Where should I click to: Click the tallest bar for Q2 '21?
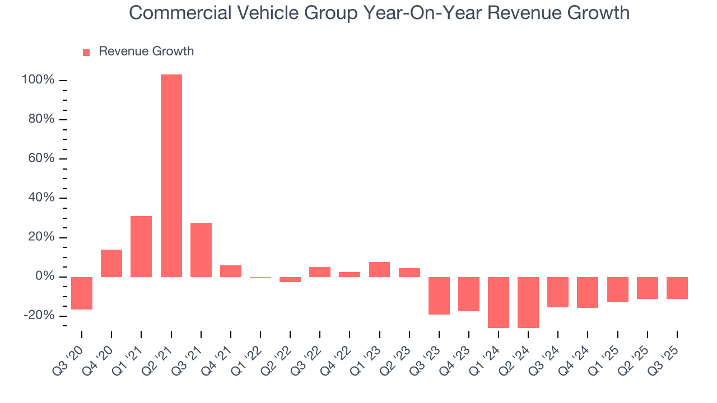[x=171, y=176]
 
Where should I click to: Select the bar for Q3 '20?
[x=82, y=293]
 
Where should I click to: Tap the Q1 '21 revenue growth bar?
[x=141, y=246]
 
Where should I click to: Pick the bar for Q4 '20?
[x=111, y=263]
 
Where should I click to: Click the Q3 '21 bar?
[x=201, y=250]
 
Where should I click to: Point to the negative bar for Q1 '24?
[x=499, y=302]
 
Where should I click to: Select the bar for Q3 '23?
[x=439, y=296]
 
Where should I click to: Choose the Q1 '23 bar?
[x=379, y=269]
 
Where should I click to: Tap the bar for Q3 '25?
[x=677, y=288]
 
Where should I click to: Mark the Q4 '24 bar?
[x=588, y=292]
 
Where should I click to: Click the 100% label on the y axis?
[x=38, y=80]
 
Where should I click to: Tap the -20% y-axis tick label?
[x=39, y=316]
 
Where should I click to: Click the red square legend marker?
[x=86, y=52]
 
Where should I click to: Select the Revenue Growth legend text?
[x=146, y=51]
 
